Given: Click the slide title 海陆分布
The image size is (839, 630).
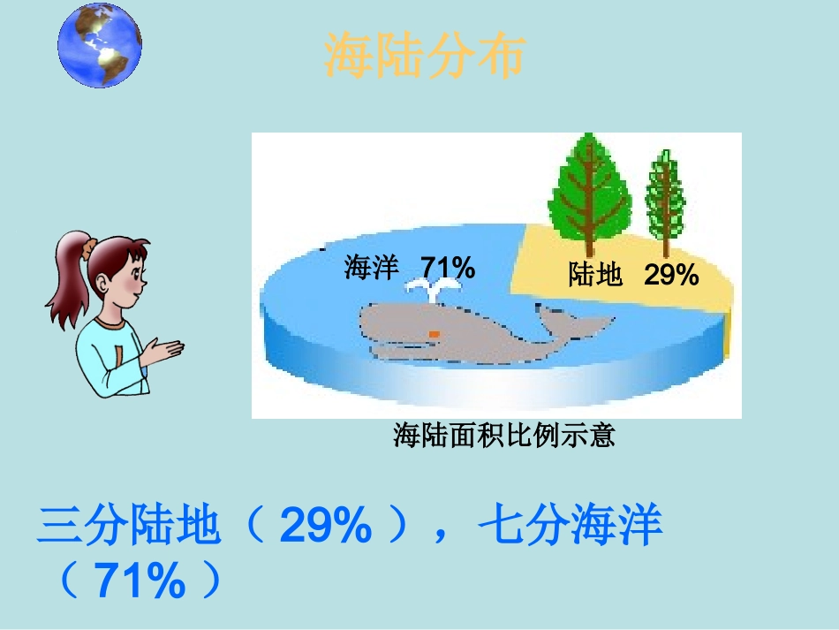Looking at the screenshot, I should coord(425,57).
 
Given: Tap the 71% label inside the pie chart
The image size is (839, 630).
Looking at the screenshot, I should coord(448,267).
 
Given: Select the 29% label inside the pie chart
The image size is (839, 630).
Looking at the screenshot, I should coord(671,276).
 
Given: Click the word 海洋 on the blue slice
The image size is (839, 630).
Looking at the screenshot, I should coord(372,268).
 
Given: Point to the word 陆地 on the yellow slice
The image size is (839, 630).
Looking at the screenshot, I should coord(595,276).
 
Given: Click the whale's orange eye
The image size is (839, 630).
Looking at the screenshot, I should coord(434,333).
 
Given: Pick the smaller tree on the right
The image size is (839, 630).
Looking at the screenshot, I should coord(664,199).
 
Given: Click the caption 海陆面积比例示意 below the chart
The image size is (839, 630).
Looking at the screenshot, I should coord(503,435).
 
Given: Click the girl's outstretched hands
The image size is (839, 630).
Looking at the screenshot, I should coord(164,352).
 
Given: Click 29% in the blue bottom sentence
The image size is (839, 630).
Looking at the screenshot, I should coord(325,528).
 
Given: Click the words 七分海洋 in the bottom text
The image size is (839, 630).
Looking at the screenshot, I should coord(570,528).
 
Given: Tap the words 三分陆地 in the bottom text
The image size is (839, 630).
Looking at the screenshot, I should coord(128,528).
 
